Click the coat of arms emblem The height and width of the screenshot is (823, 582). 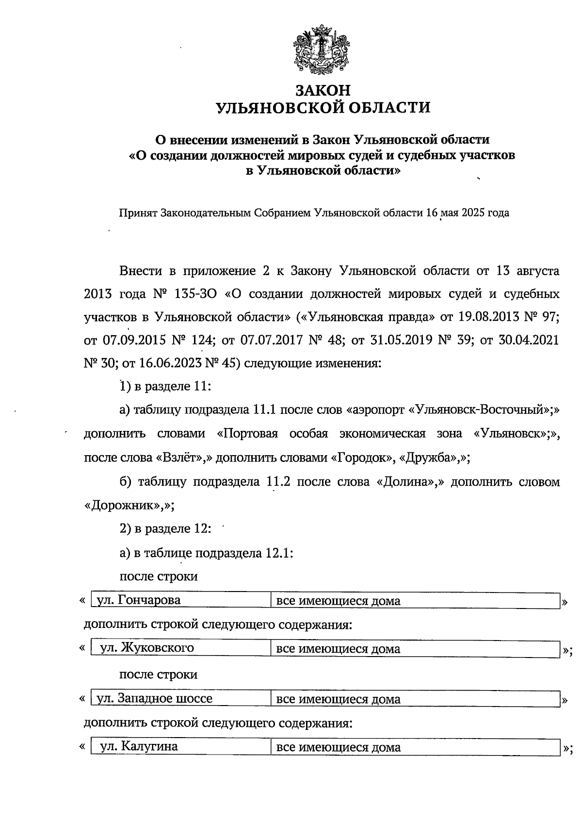click(320, 50)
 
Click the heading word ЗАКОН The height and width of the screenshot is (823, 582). click(323, 91)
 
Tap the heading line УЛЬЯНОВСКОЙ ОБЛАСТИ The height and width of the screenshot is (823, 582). click(323, 107)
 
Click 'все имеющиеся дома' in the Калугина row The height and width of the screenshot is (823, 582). click(339, 747)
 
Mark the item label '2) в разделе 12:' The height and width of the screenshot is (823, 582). click(165, 529)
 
